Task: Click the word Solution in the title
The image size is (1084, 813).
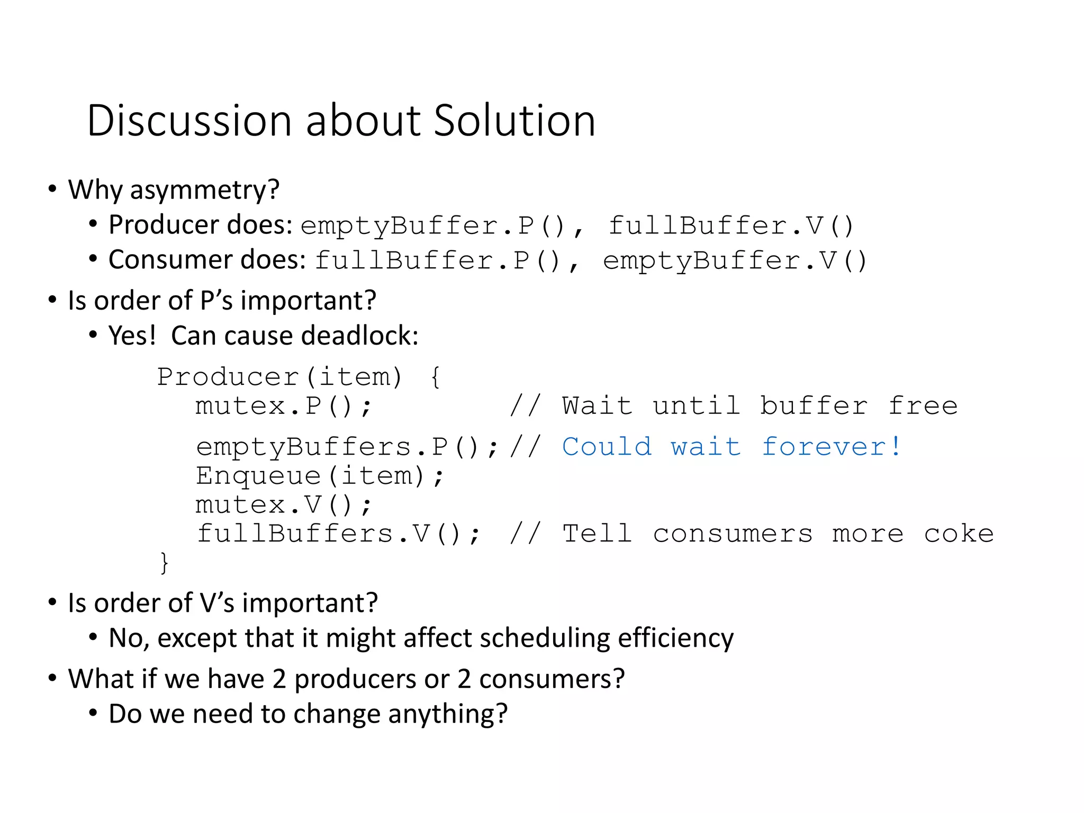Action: [x=514, y=121]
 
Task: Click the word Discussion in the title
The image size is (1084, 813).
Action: [x=189, y=121]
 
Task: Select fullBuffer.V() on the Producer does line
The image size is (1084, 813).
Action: [x=730, y=226]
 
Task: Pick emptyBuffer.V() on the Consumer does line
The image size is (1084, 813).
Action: [x=735, y=261]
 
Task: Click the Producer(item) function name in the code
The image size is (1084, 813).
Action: [x=279, y=377]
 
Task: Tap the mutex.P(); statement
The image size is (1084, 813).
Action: [x=284, y=406]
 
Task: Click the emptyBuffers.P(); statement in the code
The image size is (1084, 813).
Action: [x=347, y=447]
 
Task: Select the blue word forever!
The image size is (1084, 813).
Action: [x=832, y=447]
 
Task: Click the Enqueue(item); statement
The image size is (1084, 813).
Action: [x=319, y=476]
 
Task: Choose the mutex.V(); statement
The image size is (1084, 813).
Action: [x=284, y=505]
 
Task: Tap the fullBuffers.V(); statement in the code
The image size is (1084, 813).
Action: [x=338, y=534]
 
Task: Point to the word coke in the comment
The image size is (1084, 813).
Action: [x=959, y=534]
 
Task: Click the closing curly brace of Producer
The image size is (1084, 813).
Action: [x=164, y=562]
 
